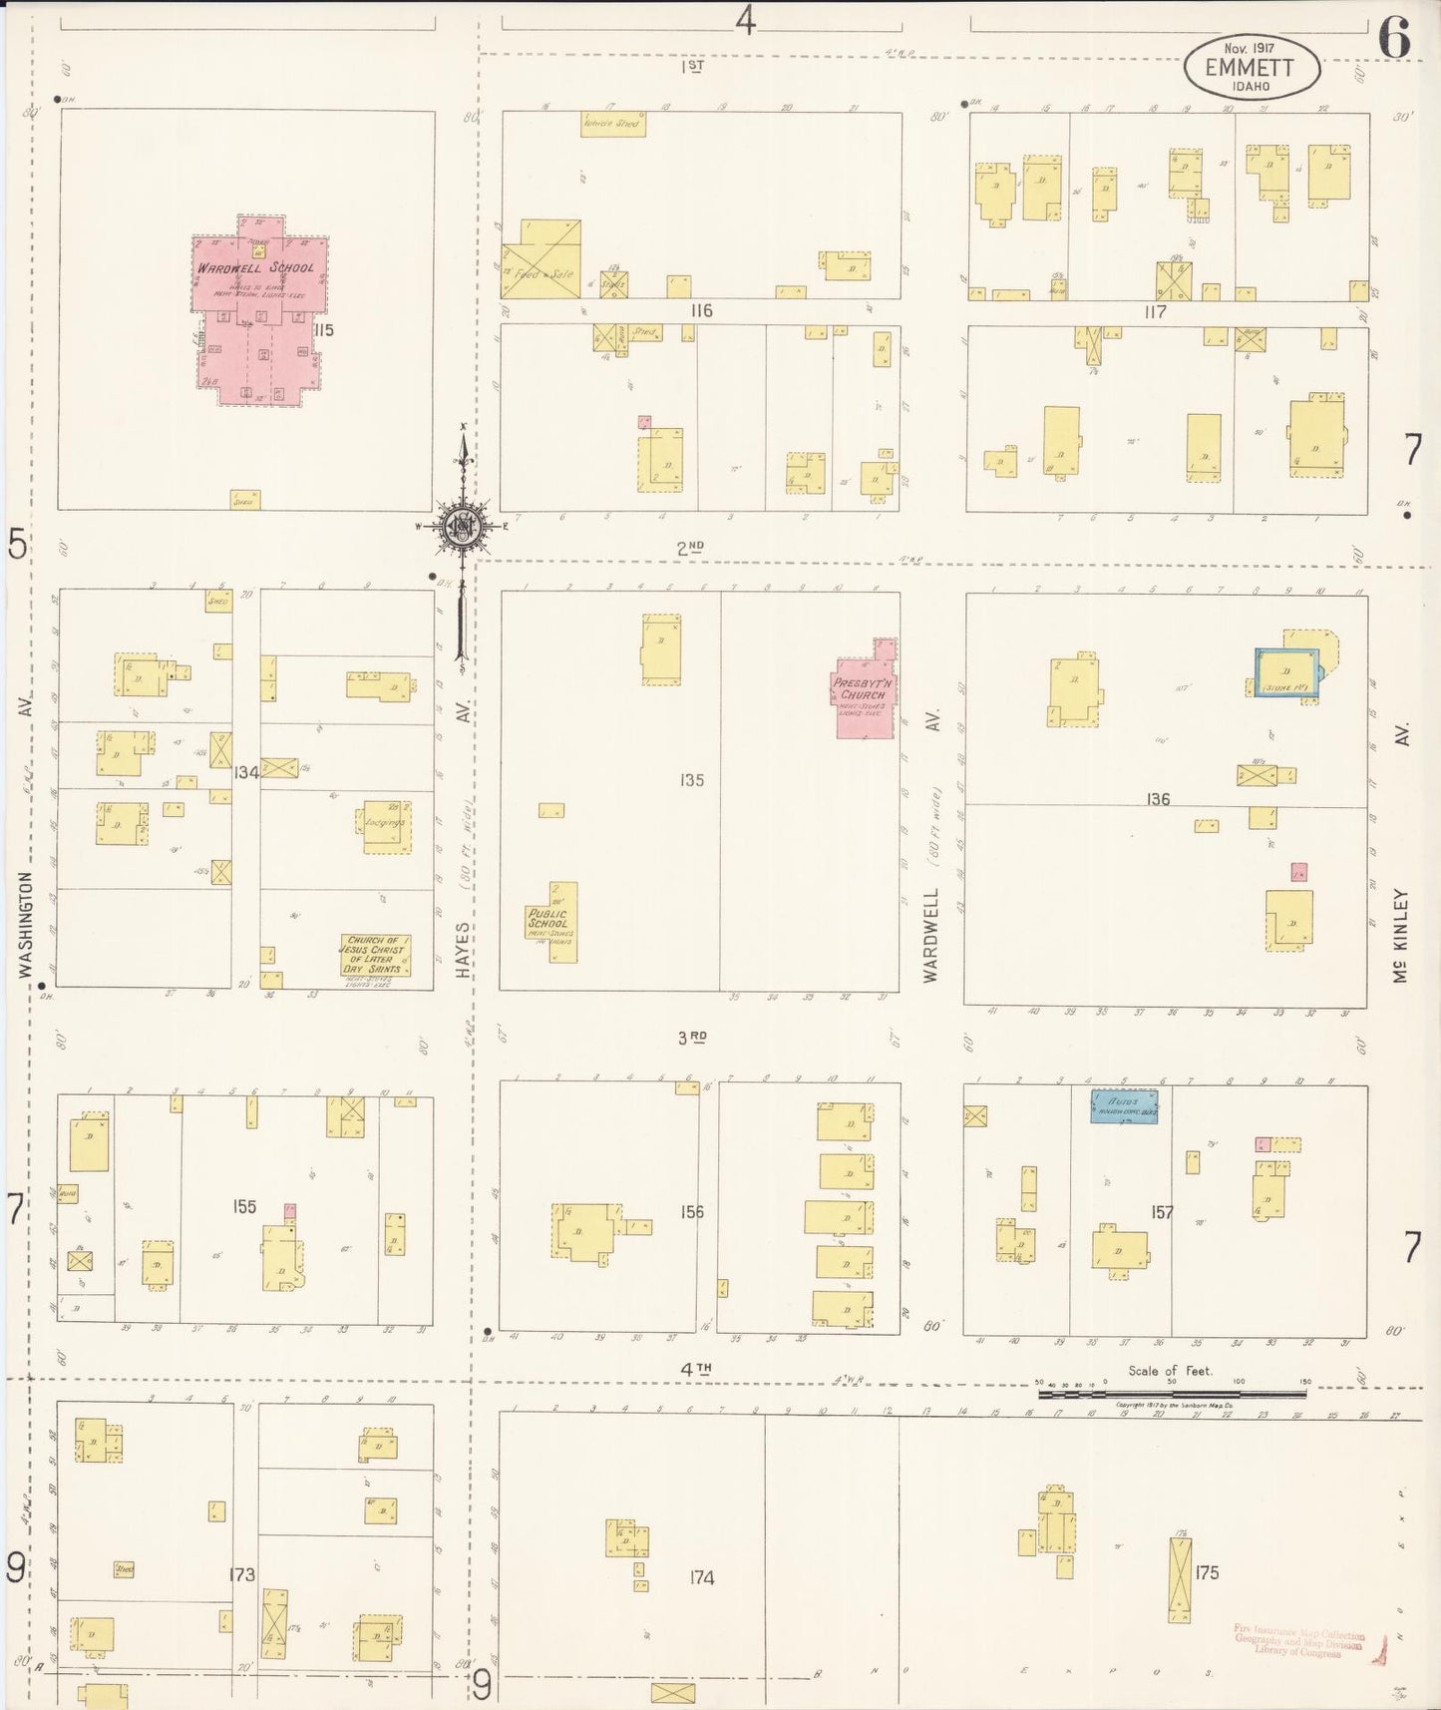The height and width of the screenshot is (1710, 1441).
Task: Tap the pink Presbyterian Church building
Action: pyautogui.click(x=865, y=698)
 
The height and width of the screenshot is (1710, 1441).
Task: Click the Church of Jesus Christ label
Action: pyautogui.click(x=375, y=955)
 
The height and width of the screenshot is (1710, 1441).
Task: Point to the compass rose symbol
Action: pyautogui.click(x=463, y=527)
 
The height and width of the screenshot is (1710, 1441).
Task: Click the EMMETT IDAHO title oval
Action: pyautogui.click(x=1252, y=68)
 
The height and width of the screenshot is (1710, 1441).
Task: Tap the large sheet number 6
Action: pyautogui.click(x=1393, y=40)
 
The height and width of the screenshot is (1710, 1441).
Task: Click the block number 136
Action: pyautogui.click(x=1157, y=799)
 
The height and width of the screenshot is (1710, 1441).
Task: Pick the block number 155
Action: pyautogui.click(x=244, y=1206)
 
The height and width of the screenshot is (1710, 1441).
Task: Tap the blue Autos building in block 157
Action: pyautogui.click(x=1124, y=1106)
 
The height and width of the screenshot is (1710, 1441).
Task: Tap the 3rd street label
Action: pyautogui.click(x=691, y=1038)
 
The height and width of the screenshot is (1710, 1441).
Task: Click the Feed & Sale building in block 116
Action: pyautogui.click(x=540, y=259)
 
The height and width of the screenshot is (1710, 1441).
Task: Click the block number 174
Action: pyautogui.click(x=702, y=1577)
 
